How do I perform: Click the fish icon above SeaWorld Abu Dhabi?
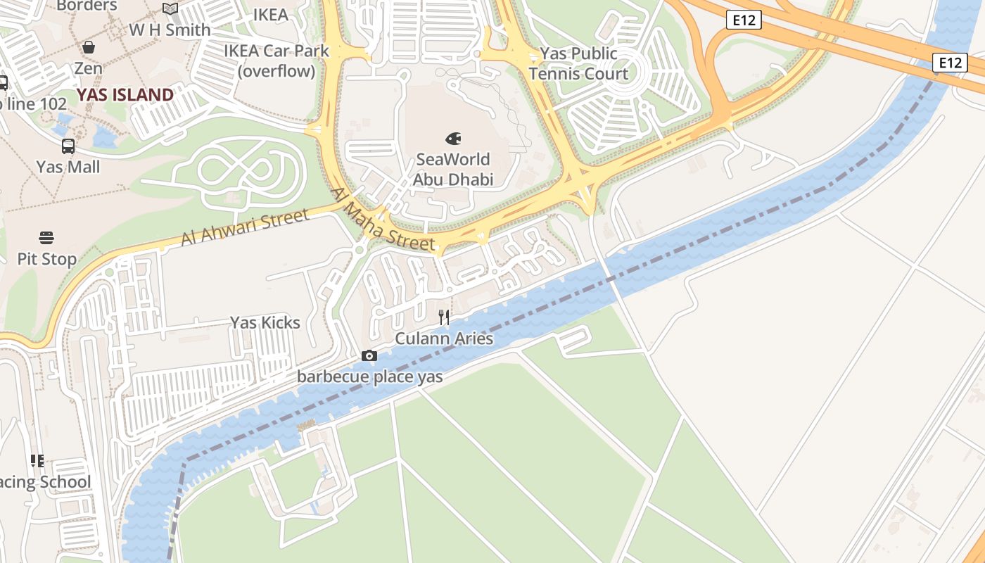pos(454,139)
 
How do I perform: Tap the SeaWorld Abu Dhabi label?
pos(453,170)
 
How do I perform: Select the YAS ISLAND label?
pos(125,95)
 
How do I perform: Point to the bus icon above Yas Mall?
pos(68,146)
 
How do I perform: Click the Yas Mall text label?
pos(68,167)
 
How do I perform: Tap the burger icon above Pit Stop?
pos(46,238)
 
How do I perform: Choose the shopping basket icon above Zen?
pos(89,47)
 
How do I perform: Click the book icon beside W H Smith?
pos(170,9)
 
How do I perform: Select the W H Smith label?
pos(170,30)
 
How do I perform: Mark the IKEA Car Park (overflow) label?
pos(277,61)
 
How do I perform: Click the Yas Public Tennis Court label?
pos(578,64)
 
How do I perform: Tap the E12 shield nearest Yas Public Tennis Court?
pos(744,20)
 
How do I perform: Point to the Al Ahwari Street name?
pos(244,228)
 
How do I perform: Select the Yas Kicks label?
pos(265,323)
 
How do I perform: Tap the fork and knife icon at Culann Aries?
pos(444,317)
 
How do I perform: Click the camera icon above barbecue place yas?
pos(369,356)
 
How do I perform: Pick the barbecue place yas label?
pos(369,377)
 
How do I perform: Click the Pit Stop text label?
pos(46,259)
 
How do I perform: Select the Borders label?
pos(87,6)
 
